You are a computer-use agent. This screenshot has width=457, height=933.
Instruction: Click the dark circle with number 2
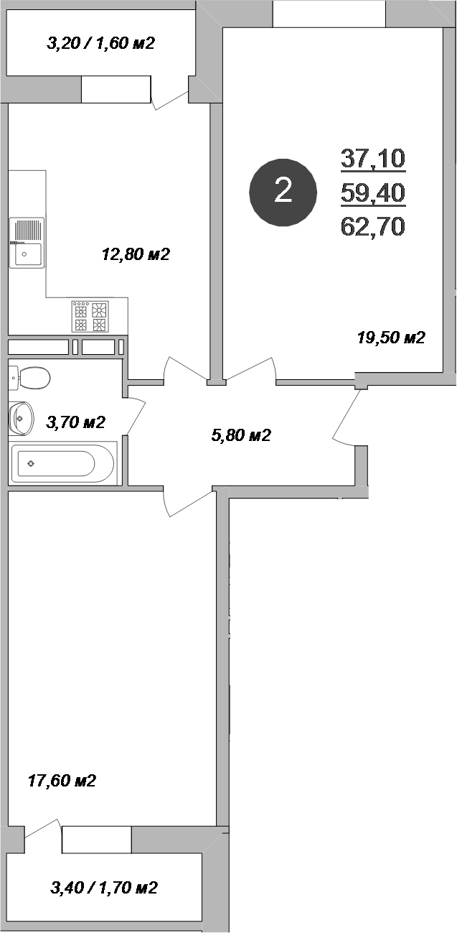(283, 192)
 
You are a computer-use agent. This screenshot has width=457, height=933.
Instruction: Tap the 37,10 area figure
(373, 158)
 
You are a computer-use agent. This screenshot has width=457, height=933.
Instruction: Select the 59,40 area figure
(373, 192)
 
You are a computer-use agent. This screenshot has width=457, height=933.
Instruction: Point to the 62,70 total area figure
(373, 226)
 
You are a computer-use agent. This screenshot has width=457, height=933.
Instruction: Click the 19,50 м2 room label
(391, 338)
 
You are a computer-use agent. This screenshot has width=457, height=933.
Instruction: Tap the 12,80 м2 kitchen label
(136, 254)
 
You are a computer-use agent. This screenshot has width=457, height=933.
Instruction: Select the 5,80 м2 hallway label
(241, 435)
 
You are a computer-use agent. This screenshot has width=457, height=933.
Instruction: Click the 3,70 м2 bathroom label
(75, 422)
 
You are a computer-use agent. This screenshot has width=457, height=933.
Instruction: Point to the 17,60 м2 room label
(61, 781)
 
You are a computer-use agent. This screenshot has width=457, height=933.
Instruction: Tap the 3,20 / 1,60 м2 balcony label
(100, 43)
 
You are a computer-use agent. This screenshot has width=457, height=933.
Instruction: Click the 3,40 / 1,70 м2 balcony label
(104, 888)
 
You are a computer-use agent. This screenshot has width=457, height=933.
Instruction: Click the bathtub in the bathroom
(62, 463)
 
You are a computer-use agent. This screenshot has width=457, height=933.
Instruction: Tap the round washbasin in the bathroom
(22, 417)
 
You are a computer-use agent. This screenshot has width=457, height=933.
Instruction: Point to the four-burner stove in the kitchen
(90, 316)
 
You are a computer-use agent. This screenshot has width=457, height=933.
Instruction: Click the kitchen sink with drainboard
(27, 243)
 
